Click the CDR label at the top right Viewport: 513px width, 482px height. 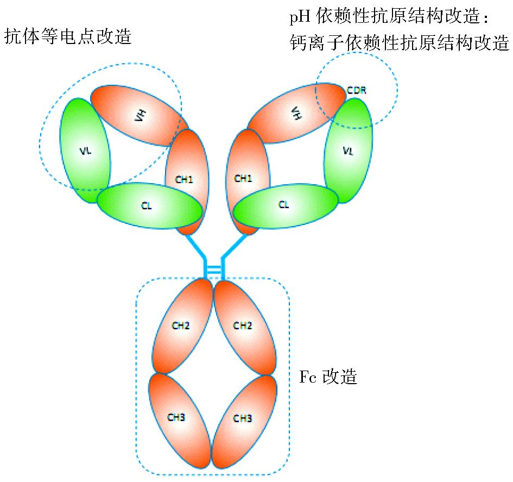[x=356, y=90]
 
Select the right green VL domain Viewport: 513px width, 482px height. [x=348, y=152]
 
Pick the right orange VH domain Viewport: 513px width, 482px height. [x=296, y=114]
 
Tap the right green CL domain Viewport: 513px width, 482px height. [x=284, y=206]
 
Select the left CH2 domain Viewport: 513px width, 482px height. [x=181, y=326]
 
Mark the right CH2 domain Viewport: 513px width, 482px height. [x=243, y=326]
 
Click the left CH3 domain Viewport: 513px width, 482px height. [x=177, y=418]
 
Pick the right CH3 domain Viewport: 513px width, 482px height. [x=243, y=418]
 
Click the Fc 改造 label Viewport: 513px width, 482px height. [x=328, y=377]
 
